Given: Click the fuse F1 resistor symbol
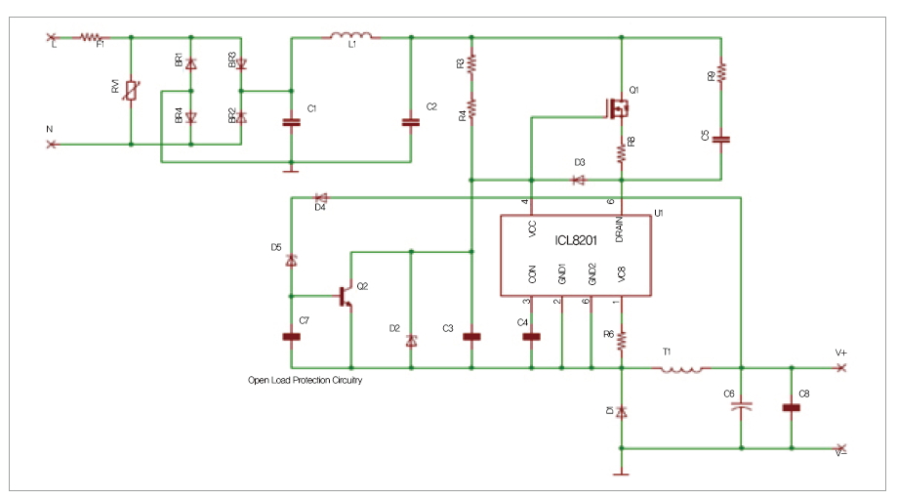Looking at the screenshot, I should click(x=90, y=37).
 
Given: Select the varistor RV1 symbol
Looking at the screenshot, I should click(x=131, y=91).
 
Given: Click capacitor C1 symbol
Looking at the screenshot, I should click(x=290, y=122).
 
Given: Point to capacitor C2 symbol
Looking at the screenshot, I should click(x=411, y=122).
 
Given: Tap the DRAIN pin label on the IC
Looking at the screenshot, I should click(x=620, y=230).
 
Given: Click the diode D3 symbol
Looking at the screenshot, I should click(x=578, y=180).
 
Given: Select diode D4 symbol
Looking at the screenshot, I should click(x=320, y=197).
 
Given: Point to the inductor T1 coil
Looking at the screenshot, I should click(x=681, y=368).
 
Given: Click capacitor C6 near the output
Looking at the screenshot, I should click(x=742, y=404).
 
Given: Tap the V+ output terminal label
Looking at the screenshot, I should click(x=840, y=353).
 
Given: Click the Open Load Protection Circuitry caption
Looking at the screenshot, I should click(x=305, y=380).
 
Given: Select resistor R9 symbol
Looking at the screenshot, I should click(x=721, y=73).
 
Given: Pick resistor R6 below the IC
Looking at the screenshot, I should click(x=621, y=339).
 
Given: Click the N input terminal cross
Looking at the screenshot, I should click(x=52, y=145).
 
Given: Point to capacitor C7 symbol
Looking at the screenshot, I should click(x=291, y=337).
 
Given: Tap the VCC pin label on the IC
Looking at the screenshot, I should click(x=532, y=229).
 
